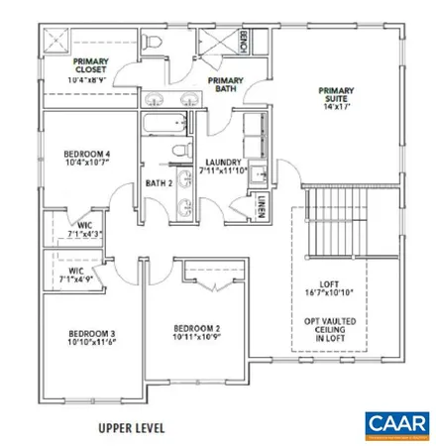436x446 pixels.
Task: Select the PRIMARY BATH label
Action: (226, 84)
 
